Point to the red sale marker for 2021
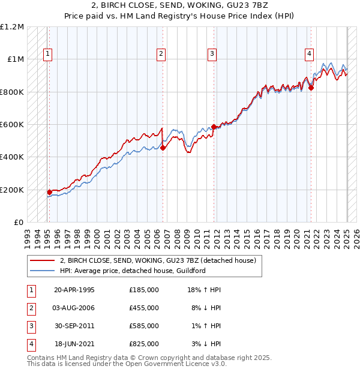pos(311,88)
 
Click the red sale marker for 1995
pos(50,192)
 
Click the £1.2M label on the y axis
pos(12,27)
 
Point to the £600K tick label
pos(12,125)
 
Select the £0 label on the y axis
pos(18,223)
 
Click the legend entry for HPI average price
pos(132,271)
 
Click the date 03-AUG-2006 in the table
pos(74,308)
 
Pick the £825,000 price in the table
pos(144,344)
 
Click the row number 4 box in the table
pos(31,344)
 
